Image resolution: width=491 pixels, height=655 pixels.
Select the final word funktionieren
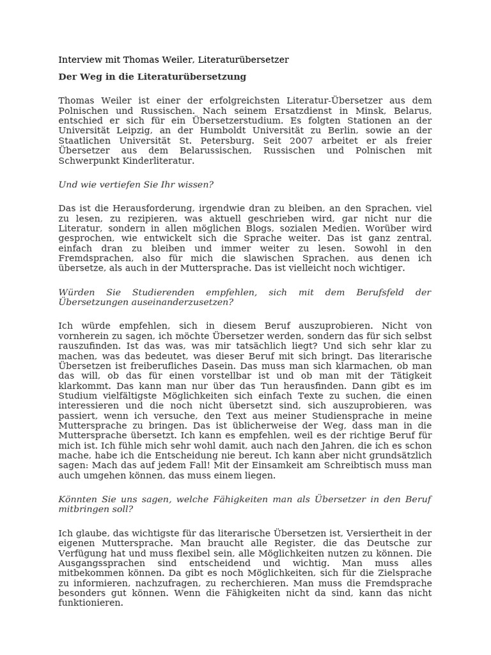coord(90,603)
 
